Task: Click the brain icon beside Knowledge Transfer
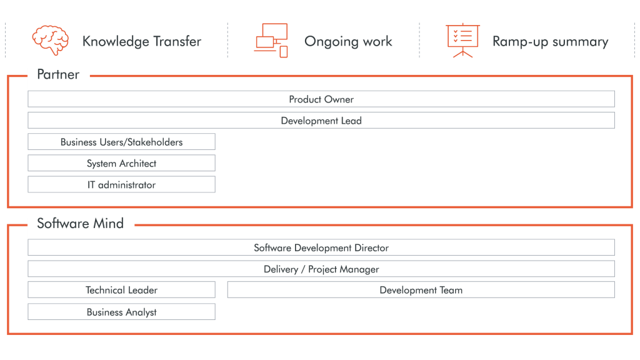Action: (50, 40)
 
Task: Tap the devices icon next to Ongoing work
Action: (271, 41)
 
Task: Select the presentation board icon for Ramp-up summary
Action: (462, 41)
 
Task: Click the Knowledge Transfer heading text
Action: (142, 41)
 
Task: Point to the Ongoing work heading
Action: (348, 41)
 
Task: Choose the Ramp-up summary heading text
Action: (550, 42)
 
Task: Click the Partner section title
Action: (58, 74)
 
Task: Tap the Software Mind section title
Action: (80, 223)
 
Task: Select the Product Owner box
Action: (321, 99)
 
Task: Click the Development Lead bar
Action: (321, 121)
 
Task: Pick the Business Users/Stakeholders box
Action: (122, 142)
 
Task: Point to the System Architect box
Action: (122, 163)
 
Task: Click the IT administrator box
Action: (122, 184)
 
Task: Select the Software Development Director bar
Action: (321, 247)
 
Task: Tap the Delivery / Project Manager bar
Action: (321, 269)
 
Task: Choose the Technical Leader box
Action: (122, 290)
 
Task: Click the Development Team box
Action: (421, 290)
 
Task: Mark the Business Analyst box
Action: (122, 312)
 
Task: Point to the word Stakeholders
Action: (155, 142)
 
